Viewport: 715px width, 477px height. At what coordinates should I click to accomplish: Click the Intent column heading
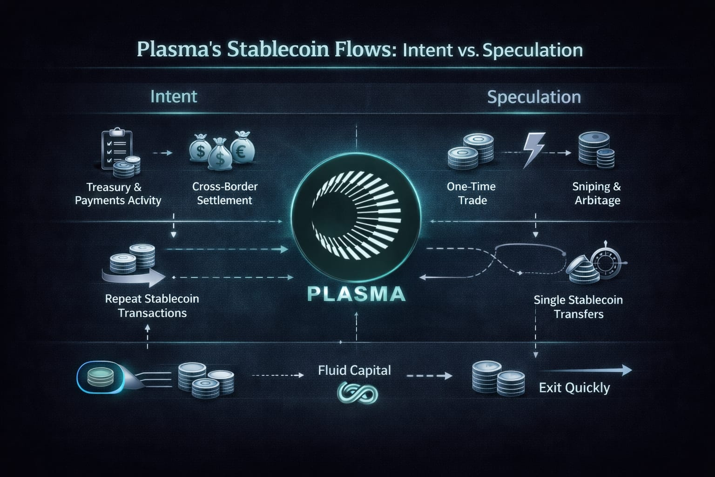pos(174,96)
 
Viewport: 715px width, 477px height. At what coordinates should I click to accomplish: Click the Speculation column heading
pos(534,97)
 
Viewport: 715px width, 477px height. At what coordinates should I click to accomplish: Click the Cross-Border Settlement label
pos(225,193)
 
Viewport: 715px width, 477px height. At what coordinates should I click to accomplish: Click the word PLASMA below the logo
pos(356,294)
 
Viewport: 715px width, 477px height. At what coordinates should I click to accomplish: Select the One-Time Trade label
pos(472,193)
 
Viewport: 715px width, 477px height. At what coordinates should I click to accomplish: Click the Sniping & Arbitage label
pos(597,193)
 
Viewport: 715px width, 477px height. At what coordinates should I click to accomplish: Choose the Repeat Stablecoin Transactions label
pos(152,306)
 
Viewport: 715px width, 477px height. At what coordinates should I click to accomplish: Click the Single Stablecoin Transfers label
pos(578,307)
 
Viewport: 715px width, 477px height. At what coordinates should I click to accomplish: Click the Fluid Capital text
pos(354,370)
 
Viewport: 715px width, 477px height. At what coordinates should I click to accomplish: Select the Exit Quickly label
pos(574,388)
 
